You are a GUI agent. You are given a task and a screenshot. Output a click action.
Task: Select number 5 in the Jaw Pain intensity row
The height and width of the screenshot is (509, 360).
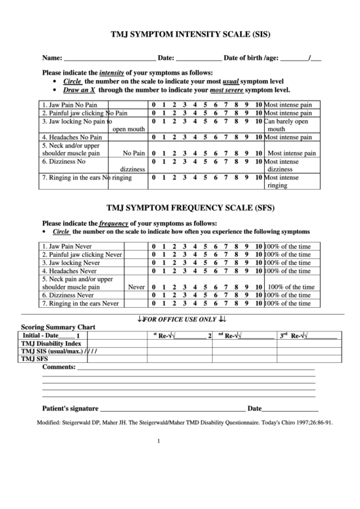pyautogui.click(x=206, y=105)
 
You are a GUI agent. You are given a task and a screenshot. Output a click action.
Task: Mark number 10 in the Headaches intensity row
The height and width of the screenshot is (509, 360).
pyautogui.click(x=259, y=137)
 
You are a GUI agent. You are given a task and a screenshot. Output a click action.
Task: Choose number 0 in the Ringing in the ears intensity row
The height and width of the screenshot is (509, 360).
pyautogui.click(x=154, y=177)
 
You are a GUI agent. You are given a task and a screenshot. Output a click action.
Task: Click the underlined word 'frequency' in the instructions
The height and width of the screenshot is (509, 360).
pyautogui.click(x=114, y=223)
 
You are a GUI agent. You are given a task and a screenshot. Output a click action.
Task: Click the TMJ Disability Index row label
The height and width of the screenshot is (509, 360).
pyautogui.click(x=52, y=343)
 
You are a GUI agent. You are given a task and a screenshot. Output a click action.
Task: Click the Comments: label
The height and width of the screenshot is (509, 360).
pyautogui.click(x=58, y=368)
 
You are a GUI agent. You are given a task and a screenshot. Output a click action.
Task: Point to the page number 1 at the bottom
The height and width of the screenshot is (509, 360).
pyautogui.click(x=158, y=440)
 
